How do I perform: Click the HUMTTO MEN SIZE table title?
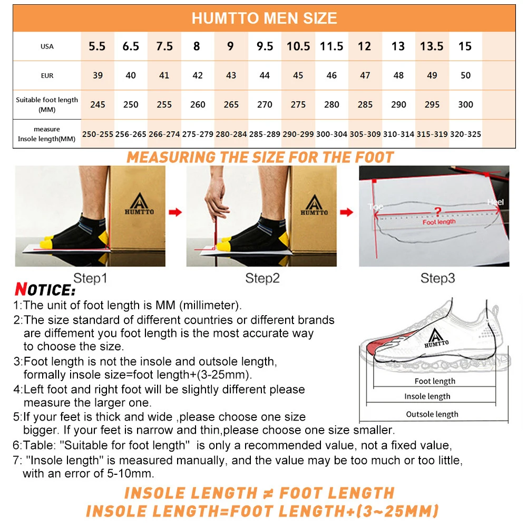(x=264, y=18)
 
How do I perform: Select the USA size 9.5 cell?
(x=265, y=46)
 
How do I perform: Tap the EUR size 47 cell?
(x=365, y=75)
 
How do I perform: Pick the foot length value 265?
(x=231, y=104)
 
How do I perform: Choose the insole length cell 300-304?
(x=331, y=134)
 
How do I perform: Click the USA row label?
(x=47, y=46)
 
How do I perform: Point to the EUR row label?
(x=47, y=75)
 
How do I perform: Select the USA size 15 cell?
(x=465, y=46)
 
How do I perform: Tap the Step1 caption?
(x=90, y=278)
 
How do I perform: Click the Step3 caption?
(x=437, y=278)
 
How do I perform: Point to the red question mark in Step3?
(x=437, y=212)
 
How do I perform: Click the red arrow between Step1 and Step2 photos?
(x=175, y=212)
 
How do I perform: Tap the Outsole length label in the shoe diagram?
(x=432, y=414)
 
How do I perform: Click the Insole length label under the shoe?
(x=427, y=396)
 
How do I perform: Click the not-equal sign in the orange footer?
(x=268, y=493)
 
